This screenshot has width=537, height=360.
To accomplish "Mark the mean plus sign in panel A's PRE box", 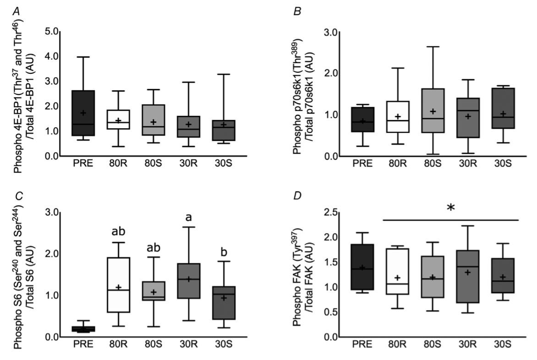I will coord(83,113).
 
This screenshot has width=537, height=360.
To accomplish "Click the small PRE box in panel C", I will coord(83,329).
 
